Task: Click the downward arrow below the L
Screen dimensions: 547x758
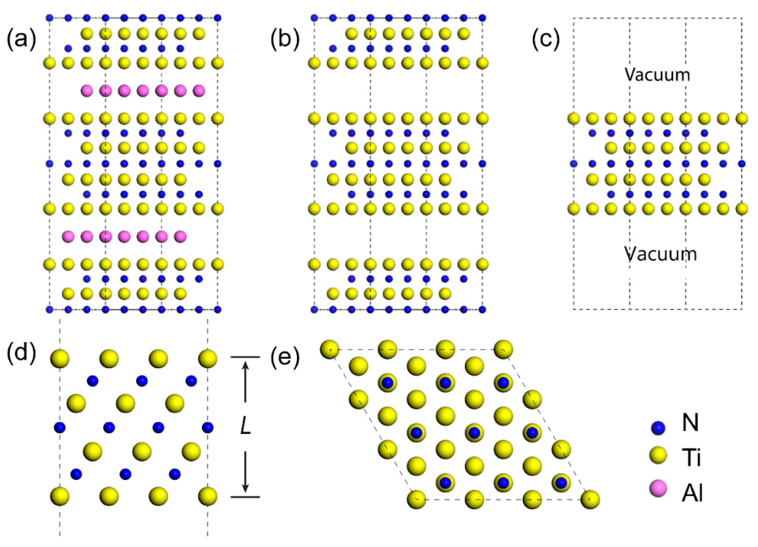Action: (x=246, y=472)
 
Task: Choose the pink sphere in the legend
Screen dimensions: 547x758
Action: (x=658, y=489)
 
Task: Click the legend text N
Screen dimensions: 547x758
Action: (x=690, y=424)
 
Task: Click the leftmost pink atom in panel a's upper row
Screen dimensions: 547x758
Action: (x=87, y=91)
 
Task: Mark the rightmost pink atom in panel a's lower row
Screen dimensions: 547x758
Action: (x=181, y=236)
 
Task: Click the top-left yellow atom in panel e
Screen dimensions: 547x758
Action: (x=330, y=349)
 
